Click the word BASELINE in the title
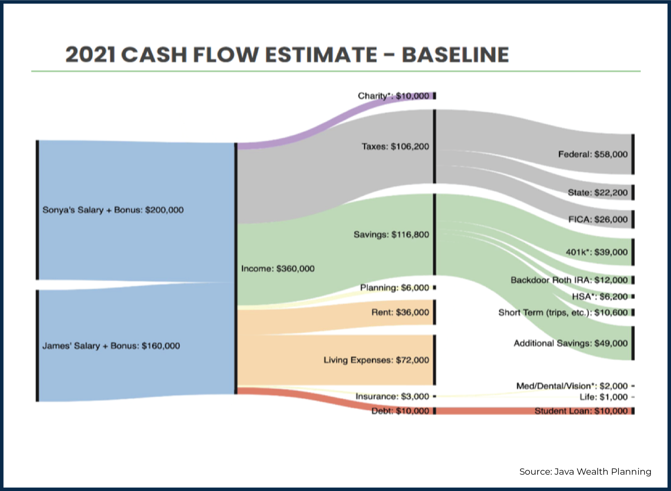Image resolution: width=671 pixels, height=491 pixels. [455, 54]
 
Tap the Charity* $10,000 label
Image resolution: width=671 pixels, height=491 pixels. [393, 96]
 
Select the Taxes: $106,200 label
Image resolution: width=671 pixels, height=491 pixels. [395, 146]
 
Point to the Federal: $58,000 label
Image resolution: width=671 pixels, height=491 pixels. [593, 154]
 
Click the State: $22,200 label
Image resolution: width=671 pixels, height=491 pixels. [597, 192]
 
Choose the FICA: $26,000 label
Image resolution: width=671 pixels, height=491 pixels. [598, 219]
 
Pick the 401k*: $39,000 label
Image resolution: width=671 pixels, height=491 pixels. [596, 252]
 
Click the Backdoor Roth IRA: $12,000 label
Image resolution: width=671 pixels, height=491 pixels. [569, 280]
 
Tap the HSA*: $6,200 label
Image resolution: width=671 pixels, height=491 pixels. [600, 297]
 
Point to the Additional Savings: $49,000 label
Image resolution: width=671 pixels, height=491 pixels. [570, 343]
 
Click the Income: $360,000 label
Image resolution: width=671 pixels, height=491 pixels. [278, 268]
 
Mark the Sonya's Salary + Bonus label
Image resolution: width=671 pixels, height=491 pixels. [113, 210]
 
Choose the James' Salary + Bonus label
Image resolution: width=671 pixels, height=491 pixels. [111, 346]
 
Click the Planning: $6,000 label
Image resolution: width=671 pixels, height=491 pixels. [394, 287]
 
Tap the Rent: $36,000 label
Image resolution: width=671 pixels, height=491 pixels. [400, 312]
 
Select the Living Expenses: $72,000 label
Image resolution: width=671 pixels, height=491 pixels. [376, 360]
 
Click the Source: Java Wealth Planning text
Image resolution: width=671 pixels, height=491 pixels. [585, 472]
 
